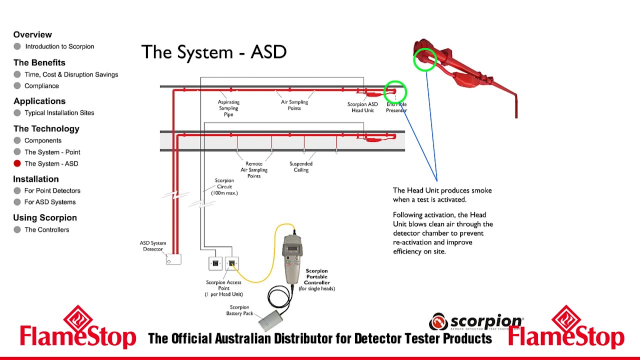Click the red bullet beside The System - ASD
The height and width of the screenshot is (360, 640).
coord(17,163)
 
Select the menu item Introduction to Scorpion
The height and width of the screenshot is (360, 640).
coord(59,46)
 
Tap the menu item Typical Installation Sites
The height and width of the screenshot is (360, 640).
coord(59,113)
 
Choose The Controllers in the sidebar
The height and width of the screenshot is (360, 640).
coord(46,230)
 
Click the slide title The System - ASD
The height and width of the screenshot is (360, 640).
coord(213,52)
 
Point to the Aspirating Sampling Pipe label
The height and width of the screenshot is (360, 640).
coord(228,108)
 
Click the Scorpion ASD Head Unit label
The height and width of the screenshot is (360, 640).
coord(362,107)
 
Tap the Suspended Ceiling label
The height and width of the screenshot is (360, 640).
coord(300,167)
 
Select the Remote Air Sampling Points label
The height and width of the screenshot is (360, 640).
coord(254,170)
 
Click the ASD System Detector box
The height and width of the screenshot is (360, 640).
coord(173,259)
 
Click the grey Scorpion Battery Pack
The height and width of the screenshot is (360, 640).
coord(270,320)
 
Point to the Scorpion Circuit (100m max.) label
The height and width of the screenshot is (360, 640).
coord(224,186)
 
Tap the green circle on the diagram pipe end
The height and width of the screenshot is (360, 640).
coord(395,92)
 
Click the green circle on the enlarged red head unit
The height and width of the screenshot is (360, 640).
coord(425,59)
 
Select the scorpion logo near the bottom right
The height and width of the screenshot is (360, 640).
coord(476,322)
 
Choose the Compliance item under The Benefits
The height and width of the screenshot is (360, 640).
coord(41,86)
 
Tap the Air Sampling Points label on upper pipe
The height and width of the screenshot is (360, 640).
coord(294,105)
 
